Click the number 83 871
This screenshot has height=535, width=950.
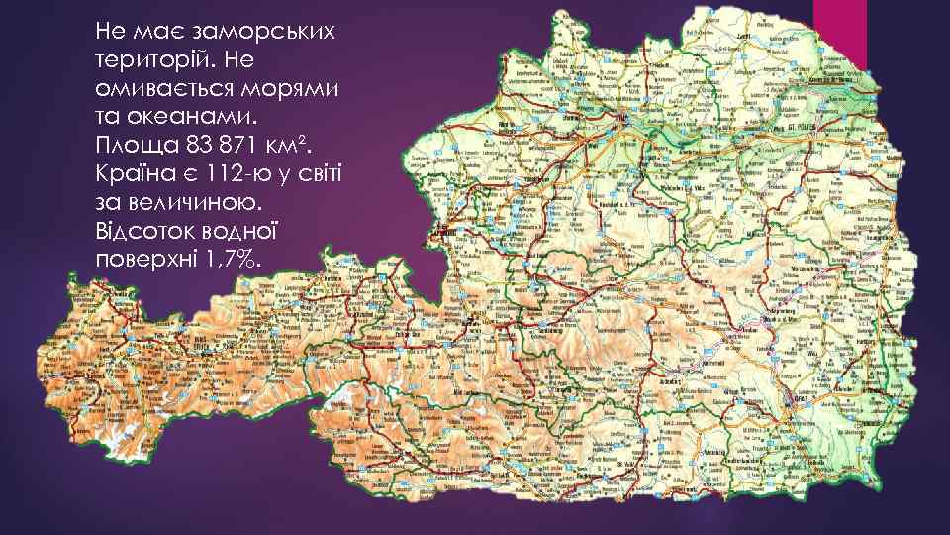tap(220, 146)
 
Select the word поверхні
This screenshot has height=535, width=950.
tap(143, 260)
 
